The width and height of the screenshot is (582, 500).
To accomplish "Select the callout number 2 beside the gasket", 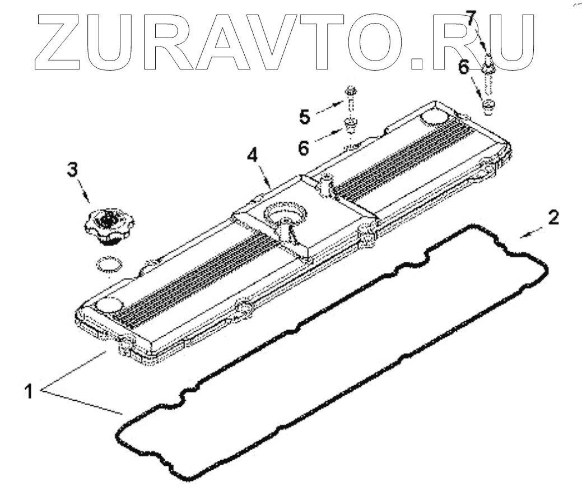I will tap(552, 217).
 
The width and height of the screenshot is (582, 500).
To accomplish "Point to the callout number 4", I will tap(253, 155).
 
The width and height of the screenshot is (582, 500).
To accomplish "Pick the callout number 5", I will tap(304, 117).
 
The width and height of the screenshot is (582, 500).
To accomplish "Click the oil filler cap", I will tap(109, 225).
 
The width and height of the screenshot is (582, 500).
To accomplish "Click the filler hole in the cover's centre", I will tap(285, 216).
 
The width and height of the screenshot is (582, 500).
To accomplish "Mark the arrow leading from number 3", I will tap(85, 194).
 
